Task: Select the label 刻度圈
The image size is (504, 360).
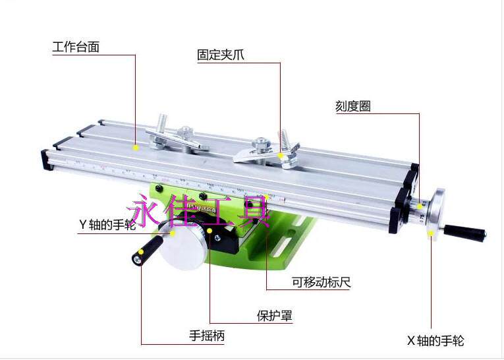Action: (352, 106)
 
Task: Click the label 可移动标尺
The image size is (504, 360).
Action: (321, 282)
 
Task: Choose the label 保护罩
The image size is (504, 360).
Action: (274, 315)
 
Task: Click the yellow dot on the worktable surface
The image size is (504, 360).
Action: (136, 148)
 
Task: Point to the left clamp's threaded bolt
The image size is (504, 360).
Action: (161, 123)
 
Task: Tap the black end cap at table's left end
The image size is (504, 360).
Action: (47, 158)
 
